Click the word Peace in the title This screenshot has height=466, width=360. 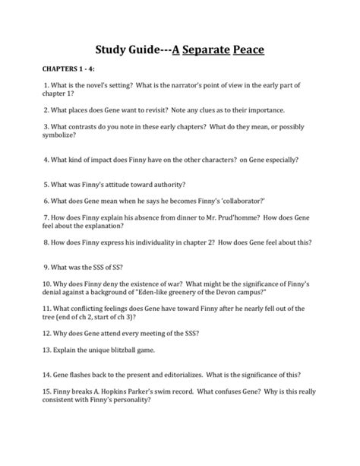point(238,52)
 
